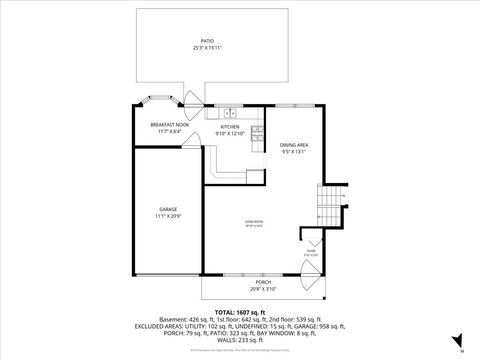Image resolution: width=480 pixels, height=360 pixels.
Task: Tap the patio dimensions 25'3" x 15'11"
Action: (208, 48)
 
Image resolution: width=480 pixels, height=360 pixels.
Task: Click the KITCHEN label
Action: (230, 127)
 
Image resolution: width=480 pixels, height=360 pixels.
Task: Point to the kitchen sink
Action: (229, 112)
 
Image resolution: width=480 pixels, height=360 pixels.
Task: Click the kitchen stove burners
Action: (257, 130)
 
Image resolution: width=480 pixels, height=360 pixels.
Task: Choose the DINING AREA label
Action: (294, 145)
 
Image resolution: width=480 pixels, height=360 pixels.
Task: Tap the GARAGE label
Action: (167, 209)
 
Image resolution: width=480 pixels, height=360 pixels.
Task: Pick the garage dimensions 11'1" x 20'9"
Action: (167, 216)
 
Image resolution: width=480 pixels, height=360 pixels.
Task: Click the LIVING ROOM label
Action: (254, 221)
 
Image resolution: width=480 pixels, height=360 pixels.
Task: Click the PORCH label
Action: (264, 283)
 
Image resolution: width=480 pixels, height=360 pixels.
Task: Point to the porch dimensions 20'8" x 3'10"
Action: (264, 289)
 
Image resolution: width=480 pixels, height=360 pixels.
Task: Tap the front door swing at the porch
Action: (316, 284)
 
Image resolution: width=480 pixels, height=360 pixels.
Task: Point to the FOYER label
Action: (312, 253)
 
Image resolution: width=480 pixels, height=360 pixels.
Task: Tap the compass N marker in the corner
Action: (461, 351)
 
